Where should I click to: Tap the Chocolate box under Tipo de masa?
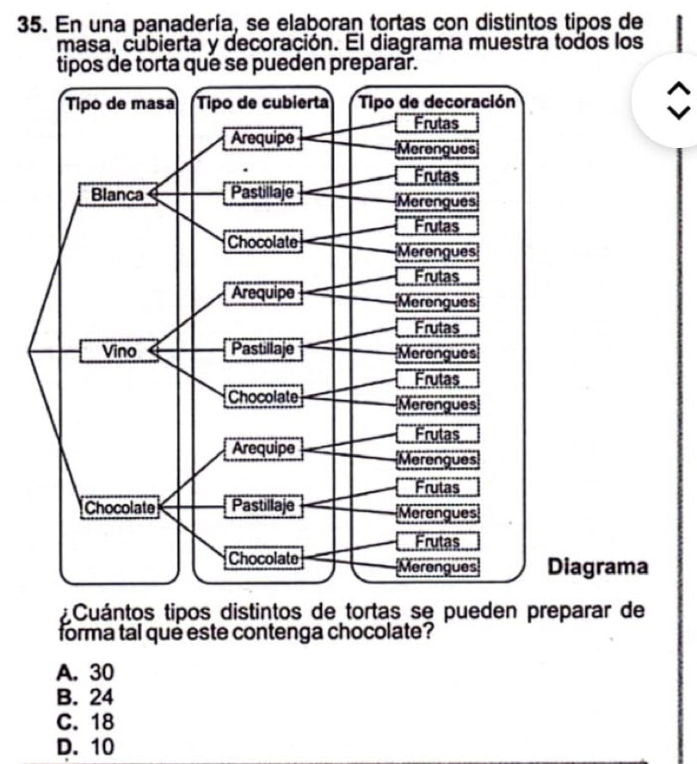tap(120, 507)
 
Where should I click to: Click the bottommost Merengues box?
tap(437, 567)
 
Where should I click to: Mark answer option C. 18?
tap(84, 720)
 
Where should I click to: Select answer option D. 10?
tap(84, 744)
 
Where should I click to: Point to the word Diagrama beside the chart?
tap(597, 567)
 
